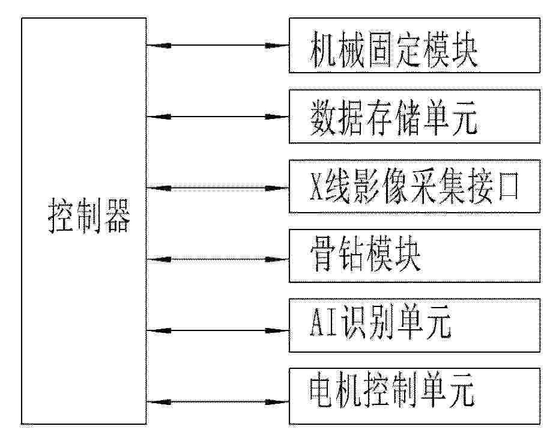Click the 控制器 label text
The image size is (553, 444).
pyautogui.click(x=89, y=215)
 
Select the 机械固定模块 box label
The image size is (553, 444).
pyautogui.click(x=394, y=49)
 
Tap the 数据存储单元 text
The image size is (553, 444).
pyautogui.click(x=394, y=118)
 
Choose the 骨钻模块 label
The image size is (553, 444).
pyautogui.click(x=366, y=254)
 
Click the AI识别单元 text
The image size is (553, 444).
pyautogui.click(x=381, y=322)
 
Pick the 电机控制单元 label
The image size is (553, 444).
pyautogui.click(x=392, y=390)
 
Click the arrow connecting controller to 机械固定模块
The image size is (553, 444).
pyautogui.click(x=217, y=45)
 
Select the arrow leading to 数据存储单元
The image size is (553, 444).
pyautogui.click(x=217, y=117)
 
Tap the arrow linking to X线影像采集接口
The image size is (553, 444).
pyautogui.click(x=217, y=188)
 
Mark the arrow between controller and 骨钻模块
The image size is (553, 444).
pyautogui.click(x=217, y=260)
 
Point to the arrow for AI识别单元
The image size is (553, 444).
pyautogui.click(x=217, y=330)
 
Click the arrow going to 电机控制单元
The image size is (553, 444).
pyautogui.click(x=217, y=402)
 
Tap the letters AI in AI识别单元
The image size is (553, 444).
pyautogui.click(x=324, y=322)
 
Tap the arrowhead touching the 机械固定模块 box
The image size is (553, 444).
pyautogui.click(x=277, y=45)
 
